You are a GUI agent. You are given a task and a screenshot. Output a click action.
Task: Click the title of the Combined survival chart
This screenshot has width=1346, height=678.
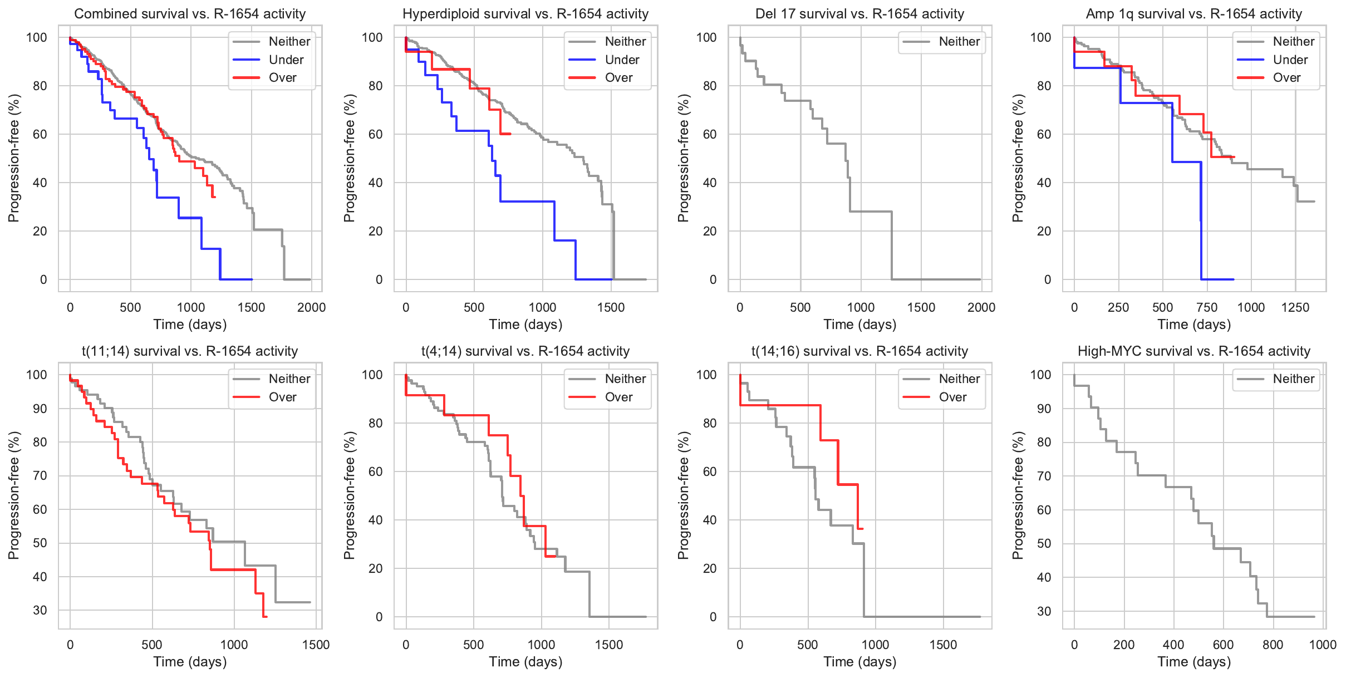(x=190, y=14)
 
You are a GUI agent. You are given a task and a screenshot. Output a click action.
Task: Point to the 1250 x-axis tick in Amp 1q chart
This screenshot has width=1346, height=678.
(x=1295, y=308)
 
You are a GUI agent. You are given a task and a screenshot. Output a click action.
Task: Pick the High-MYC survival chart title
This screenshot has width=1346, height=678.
(x=1194, y=351)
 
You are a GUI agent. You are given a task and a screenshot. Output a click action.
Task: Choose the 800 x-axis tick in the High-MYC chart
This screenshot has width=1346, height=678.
(x=1273, y=645)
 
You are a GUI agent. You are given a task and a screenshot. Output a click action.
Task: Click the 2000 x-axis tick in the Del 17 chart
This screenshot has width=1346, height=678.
(x=981, y=308)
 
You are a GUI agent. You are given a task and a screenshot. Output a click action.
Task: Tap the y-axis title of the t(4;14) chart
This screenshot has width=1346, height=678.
(x=349, y=495)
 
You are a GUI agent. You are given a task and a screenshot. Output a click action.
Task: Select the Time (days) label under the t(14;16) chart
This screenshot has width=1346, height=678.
(x=860, y=662)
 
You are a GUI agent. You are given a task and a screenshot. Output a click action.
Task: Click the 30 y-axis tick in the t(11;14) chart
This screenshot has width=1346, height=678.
(x=40, y=611)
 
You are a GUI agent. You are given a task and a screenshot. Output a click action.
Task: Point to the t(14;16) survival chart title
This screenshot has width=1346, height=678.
(x=860, y=351)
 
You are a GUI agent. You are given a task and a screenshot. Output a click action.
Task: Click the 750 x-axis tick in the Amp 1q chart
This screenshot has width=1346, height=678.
(x=1207, y=308)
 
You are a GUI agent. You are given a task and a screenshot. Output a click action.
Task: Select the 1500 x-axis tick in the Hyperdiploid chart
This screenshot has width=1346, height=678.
(x=611, y=308)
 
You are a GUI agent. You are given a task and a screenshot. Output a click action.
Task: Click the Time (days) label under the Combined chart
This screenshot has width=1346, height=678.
(x=190, y=325)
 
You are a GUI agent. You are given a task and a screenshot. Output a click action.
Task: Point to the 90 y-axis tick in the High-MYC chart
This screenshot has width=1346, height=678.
(x=1044, y=409)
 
